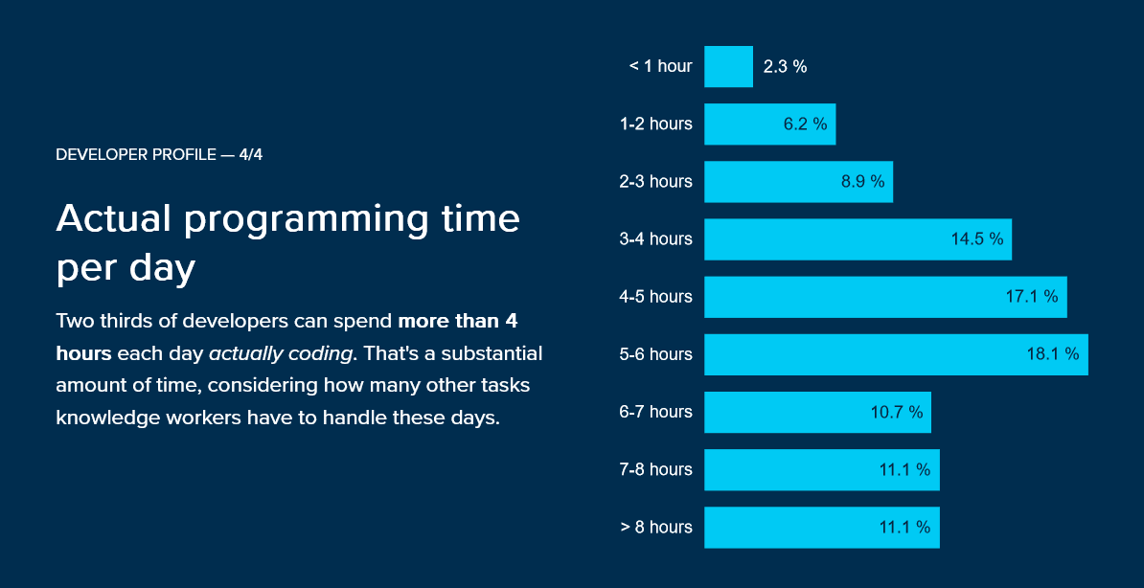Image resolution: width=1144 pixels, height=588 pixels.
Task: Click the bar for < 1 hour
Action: pyautogui.click(x=728, y=67)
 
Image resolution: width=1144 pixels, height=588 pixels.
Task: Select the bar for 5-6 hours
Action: pyautogui.click(x=896, y=354)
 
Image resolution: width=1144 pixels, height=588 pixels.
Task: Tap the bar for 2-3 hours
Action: pyautogui.click(x=798, y=182)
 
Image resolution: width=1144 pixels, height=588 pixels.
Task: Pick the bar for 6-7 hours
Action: pyautogui.click(x=817, y=412)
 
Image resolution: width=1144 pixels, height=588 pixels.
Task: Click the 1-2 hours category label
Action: pyautogui.click(x=655, y=124)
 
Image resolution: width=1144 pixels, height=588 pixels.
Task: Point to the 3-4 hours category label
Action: pyautogui.click(x=655, y=238)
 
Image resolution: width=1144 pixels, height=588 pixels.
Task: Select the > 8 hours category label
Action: pyautogui.click(x=655, y=527)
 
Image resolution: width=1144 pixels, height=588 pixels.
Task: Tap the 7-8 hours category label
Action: pyautogui.click(x=655, y=469)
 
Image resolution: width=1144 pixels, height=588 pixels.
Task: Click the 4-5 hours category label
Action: pyautogui.click(x=655, y=297)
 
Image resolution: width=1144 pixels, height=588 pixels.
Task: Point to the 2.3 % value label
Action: pyautogui.click(x=785, y=67)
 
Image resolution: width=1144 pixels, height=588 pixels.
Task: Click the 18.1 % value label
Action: pyautogui.click(x=1052, y=354)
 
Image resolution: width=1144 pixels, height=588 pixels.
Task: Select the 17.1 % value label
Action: pyautogui.click(x=1031, y=297)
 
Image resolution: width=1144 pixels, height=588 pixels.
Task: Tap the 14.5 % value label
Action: pyautogui.click(x=976, y=239)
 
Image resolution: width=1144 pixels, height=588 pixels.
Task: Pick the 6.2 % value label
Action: pyautogui.click(x=805, y=124)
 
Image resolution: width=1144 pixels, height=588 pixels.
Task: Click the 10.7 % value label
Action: pyautogui.click(x=897, y=412)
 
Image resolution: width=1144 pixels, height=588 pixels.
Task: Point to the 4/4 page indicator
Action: pyautogui.click(x=251, y=155)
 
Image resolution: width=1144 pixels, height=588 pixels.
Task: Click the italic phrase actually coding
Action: pyautogui.click(x=281, y=353)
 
